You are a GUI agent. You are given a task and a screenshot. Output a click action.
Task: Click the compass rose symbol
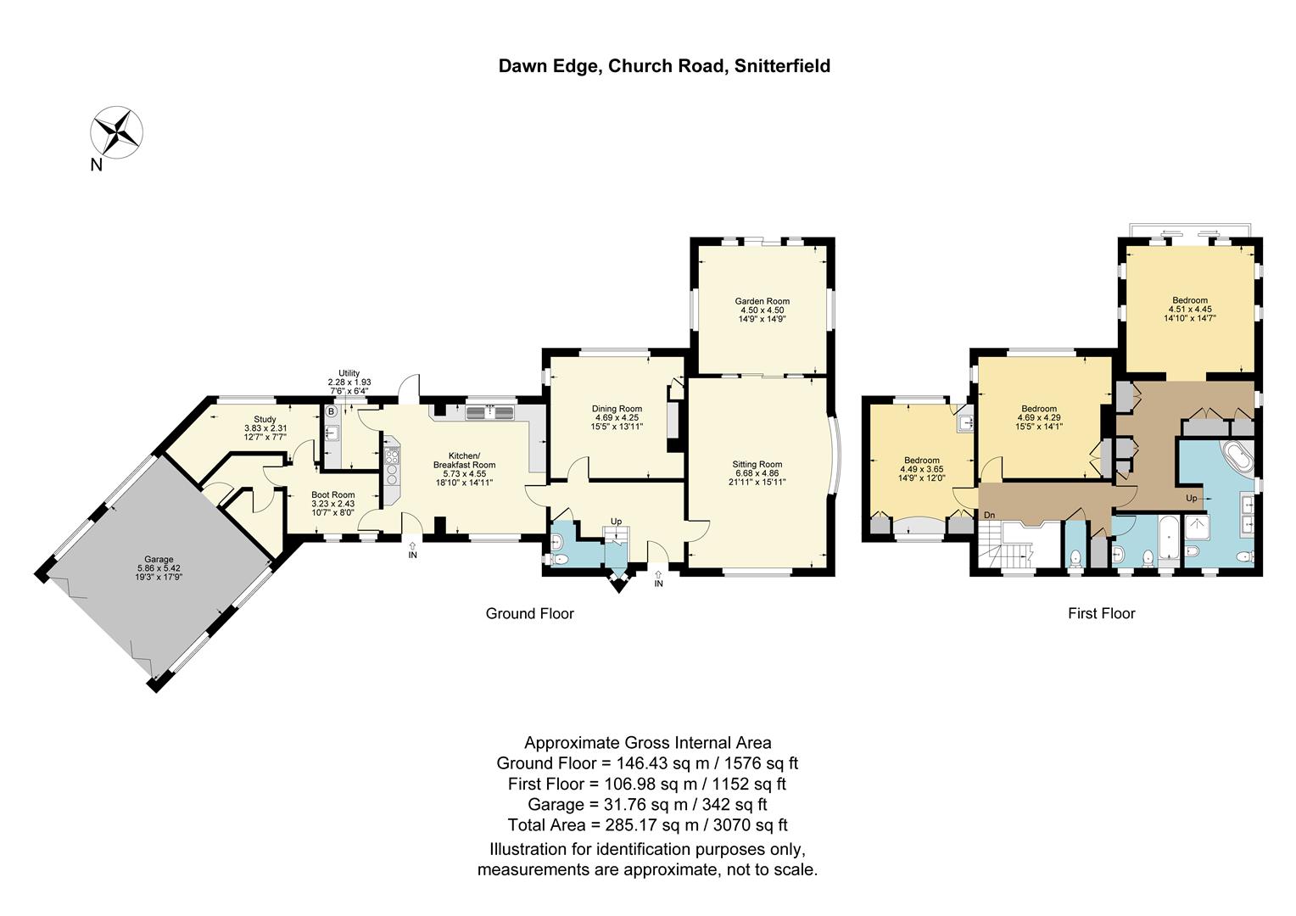pos(116,132)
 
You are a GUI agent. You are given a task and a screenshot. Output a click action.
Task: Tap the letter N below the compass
pos(96,165)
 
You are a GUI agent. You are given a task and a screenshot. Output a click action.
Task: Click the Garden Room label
pos(762,301)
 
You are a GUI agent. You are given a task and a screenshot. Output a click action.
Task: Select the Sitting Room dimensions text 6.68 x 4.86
pos(757,472)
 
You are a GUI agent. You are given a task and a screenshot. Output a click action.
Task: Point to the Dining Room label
pos(617,409)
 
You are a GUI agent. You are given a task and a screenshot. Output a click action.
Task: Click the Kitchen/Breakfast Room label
pos(465,460)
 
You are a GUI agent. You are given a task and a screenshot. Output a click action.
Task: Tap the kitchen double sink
pos(489,412)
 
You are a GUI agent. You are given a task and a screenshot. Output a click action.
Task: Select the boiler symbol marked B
pos(331,411)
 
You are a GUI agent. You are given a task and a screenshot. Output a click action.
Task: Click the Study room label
pos(265,419)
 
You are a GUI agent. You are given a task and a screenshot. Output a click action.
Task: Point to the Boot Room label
pos(333,494)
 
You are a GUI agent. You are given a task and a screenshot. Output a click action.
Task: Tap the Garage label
pos(159,559)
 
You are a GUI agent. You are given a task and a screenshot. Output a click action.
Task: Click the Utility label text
pos(349,373)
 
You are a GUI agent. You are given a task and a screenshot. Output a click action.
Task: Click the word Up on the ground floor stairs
pos(616,522)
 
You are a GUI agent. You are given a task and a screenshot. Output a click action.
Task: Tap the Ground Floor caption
pos(529,613)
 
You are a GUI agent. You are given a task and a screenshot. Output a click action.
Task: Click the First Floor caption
pos(1102,613)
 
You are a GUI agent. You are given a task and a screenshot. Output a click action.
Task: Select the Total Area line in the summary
pos(647,824)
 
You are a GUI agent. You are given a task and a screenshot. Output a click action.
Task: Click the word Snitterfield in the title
pos(782,66)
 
